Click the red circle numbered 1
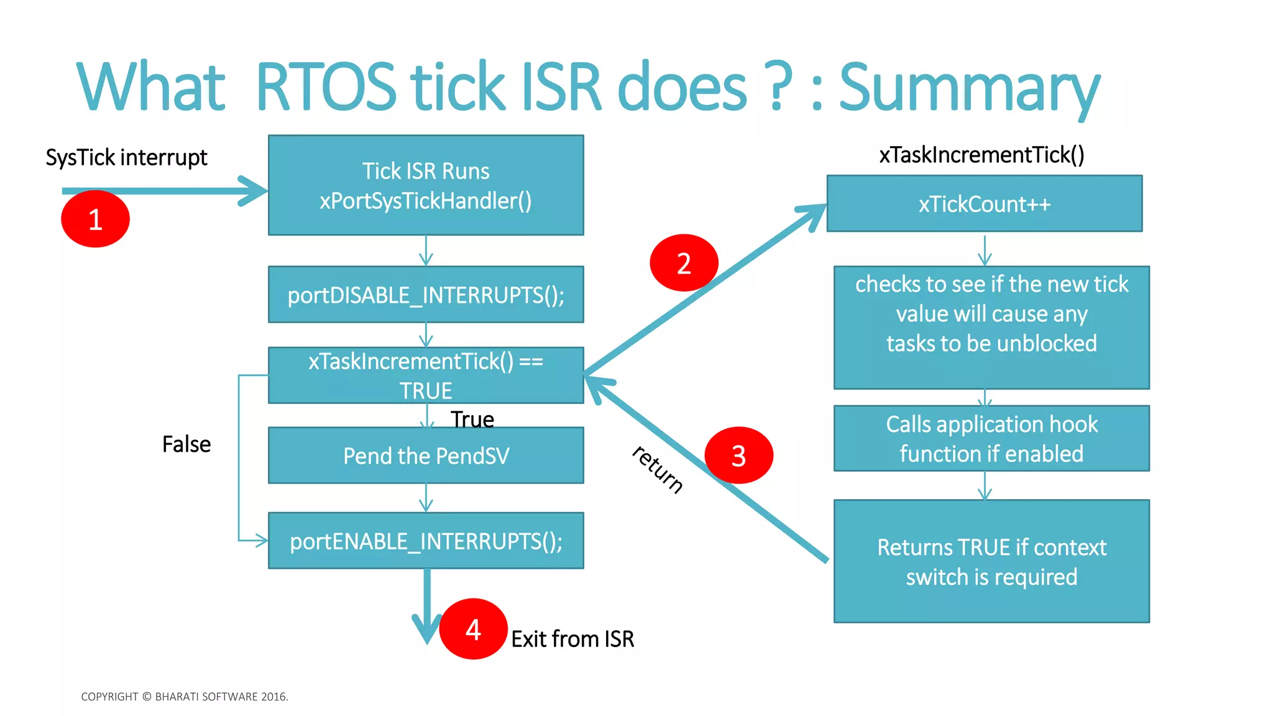tap(95, 219)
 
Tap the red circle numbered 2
tap(684, 263)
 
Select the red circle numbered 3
tap(738, 455)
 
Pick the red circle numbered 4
tap(473, 629)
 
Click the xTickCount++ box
tap(984, 204)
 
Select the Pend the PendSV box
tap(426, 456)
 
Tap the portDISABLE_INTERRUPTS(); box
tap(426, 295)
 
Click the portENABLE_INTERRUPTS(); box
tap(426, 541)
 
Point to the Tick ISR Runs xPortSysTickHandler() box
tap(426, 185)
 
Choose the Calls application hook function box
tap(991, 439)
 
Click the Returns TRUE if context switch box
tap(991, 561)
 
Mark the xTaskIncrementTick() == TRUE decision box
tap(426, 375)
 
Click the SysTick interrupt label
tap(126, 157)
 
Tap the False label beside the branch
tap(186, 444)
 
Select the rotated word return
tap(658, 469)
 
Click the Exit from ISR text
tap(572, 639)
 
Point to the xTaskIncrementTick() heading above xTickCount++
tap(981, 154)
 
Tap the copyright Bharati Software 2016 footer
tap(185, 697)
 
